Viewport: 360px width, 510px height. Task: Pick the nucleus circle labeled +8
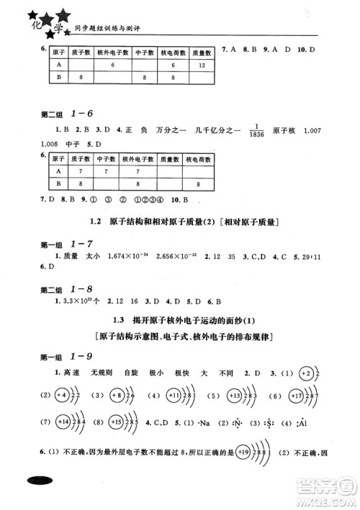pos(118,396)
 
